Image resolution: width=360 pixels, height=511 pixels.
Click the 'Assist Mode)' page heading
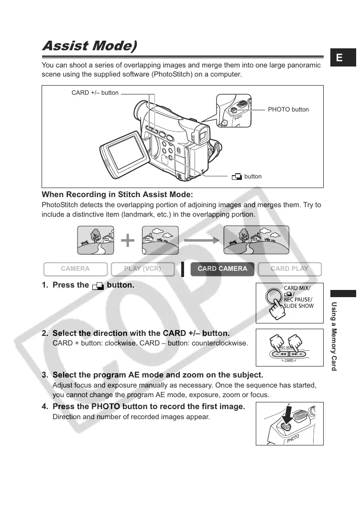pos(89,46)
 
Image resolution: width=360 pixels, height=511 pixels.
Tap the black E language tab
pos(339,58)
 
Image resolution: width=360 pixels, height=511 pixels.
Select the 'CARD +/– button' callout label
pos(95,93)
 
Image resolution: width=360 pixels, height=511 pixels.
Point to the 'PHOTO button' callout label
pos(288,110)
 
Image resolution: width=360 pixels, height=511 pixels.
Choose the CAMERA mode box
pos(75,269)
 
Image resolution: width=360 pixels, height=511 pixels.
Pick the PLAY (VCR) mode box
pos(142,269)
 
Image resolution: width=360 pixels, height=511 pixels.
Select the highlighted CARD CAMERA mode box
pos(222,269)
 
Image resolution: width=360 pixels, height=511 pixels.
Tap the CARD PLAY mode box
pos(289,269)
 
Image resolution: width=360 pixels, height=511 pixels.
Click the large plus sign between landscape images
pos(128,241)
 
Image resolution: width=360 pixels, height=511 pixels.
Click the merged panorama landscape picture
pos(256,240)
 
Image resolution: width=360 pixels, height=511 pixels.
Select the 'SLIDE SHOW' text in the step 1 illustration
pos(299,306)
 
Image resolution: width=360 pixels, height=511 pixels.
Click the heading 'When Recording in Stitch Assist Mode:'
pos(117,195)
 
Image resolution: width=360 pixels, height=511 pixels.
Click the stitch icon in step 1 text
pos(98,286)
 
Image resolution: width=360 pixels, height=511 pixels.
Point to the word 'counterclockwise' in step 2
pos(224,344)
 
